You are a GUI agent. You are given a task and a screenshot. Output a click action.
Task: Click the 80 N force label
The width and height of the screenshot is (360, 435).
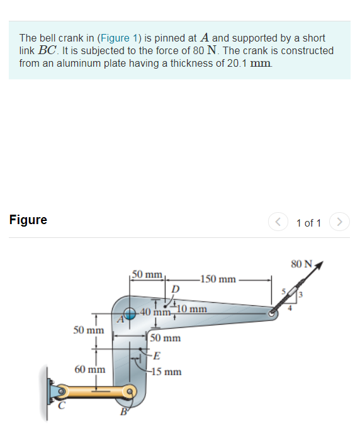point(301,263)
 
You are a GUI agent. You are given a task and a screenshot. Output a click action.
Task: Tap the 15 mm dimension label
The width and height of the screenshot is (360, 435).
point(167,371)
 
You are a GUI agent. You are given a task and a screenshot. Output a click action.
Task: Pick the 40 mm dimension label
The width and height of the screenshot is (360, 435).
point(154,312)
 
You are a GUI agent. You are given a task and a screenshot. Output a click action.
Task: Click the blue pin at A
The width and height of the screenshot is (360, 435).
point(130,313)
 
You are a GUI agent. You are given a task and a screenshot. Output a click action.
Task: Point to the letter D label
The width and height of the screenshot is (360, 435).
point(176,288)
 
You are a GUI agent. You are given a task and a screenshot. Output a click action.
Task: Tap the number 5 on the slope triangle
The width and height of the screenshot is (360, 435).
point(284,291)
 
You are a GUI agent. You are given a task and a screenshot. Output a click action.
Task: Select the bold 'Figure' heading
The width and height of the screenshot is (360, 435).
point(28,220)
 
